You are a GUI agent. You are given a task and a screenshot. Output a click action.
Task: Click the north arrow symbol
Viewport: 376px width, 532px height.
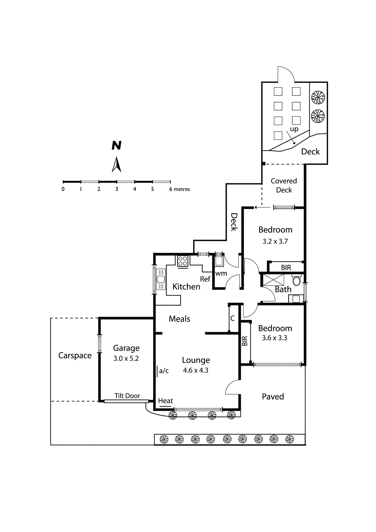(116, 165)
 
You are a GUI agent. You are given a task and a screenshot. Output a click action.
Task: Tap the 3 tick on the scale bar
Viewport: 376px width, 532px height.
(117, 182)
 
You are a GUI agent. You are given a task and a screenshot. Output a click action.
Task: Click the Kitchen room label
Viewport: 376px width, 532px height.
(186, 286)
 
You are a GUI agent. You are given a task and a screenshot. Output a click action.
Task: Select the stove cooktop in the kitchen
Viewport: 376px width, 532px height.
(183, 261)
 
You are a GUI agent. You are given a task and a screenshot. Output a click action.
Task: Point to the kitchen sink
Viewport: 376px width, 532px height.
(161, 279)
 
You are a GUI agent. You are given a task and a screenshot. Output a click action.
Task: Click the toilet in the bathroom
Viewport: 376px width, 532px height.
(296, 280)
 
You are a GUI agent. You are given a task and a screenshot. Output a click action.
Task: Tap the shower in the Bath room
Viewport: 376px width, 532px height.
(273, 280)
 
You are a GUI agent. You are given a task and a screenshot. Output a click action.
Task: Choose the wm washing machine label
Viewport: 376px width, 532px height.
(221, 273)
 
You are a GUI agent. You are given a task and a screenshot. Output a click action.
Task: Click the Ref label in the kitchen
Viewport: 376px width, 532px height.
(205, 279)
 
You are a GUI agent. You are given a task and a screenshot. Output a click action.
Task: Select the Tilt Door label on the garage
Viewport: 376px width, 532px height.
(127, 396)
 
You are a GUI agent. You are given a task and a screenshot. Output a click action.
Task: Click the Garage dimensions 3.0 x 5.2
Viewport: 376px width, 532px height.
(126, 359)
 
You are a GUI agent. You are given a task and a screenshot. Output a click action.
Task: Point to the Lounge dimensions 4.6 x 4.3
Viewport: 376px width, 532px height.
(196, 370)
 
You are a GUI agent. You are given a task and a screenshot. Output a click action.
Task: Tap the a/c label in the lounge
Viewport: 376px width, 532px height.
(164, 371)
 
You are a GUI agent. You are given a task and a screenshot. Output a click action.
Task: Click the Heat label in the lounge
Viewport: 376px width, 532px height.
(165, 401)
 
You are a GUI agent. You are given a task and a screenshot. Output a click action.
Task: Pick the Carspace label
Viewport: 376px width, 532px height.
(75, 356)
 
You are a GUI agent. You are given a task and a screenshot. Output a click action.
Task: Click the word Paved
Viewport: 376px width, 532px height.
(273, 397)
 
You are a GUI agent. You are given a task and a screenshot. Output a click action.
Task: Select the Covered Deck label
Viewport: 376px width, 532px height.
(284, 185)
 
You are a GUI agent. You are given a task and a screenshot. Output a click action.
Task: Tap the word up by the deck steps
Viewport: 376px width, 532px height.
(294, 129)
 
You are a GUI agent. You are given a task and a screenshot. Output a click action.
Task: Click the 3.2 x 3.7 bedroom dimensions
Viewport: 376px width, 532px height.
(275, 241)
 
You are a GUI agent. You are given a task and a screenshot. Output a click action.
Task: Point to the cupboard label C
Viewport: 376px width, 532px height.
(232, 318)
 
